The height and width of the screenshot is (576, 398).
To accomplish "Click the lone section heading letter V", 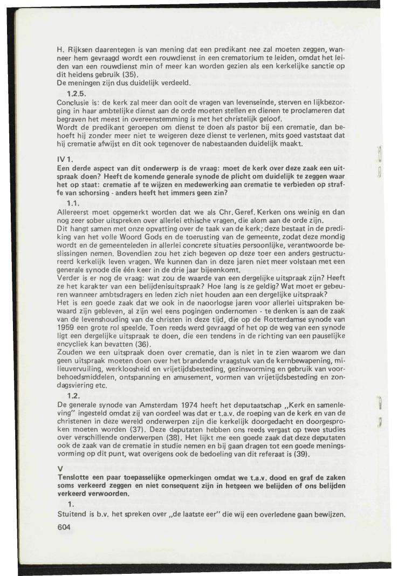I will click(x=59, y=468).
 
